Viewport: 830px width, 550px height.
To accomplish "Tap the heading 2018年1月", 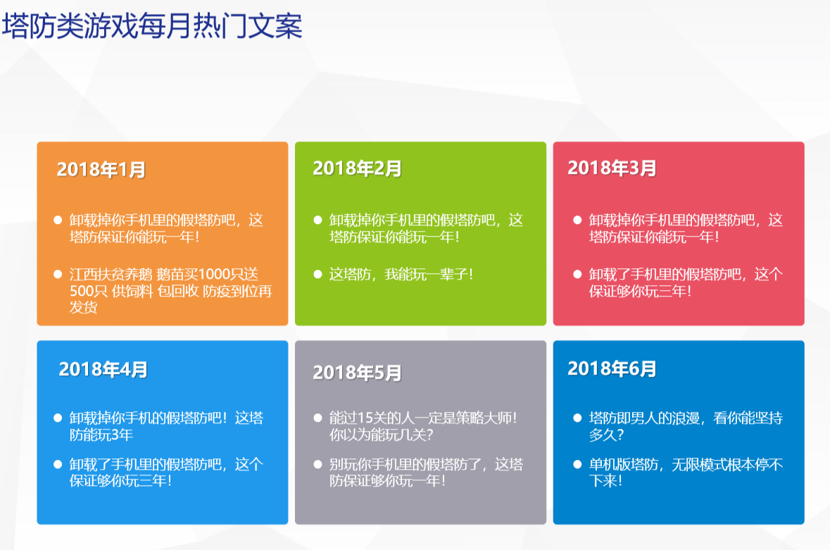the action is pyautogui.click(x=101, y=170).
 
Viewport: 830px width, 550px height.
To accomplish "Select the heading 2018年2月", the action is pyautogui.click(x=357, y=168).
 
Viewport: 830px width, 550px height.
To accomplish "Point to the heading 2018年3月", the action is pyautogui.click(x=612, y=168).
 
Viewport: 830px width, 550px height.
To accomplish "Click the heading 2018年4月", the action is pyautogui.click(x=103, y=369).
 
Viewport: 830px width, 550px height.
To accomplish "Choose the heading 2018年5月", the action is pyautogui.click(x=357, y=372).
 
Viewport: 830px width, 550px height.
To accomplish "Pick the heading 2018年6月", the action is pyautogui.click(x=612, y=368).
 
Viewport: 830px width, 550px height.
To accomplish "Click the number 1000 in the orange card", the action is pyautogui.click(x=215, y=274).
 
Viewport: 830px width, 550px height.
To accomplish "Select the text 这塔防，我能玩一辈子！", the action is pyautogui.click(x=401, y=274).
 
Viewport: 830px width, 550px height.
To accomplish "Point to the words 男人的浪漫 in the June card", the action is pyautogui.click(x=665, y=418).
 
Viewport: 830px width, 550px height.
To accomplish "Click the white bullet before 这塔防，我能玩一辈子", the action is pyautogui.click(x=317, y=274).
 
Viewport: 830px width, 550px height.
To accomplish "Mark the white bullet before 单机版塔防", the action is pyautogui.click(x=577, y=465).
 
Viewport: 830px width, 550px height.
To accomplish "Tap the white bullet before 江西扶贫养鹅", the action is pyautogui.click(x=58, y=274).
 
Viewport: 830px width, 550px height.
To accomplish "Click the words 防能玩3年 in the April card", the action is pyautogui.click(x=101, y=435).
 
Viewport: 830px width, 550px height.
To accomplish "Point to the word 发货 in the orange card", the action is pyautogui.click(x=84, y=307).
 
